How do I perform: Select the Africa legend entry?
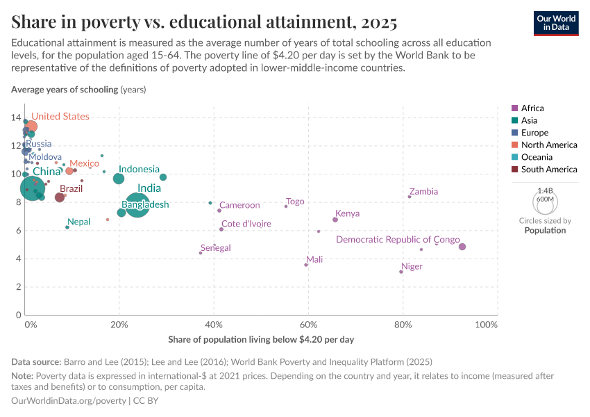pyautogui.click(x=532, y=108)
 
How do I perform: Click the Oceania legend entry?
pyautogui.click(x=535, y=157)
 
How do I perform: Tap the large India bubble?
pyautogui.click(x=137, y=204)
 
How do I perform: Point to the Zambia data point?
pyautogui.click(x=410, y=197)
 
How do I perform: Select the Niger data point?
pyautogui.click(x=401, y=272)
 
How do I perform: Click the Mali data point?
pyautogui.click(x=306, y=265)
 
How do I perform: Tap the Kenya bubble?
pyautogui.click(x=335, y=220)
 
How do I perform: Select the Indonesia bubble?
pyautogui.click(x=119, y=179)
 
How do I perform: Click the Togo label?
pyautogui.click(x=295, y=202)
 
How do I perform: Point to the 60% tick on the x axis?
pyautogui.click(x=308, y=325)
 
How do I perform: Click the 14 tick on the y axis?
pyautogui.click(x=15, y=117)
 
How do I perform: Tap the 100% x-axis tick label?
pyautogui.click(x=486, y=325)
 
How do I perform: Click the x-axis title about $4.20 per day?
pyautogui.click(x=261, y=340)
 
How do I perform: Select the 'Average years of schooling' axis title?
pyautogui.click(x=65, y=90)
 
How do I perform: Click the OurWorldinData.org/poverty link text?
pyautogui.click(x=69, y=401)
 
